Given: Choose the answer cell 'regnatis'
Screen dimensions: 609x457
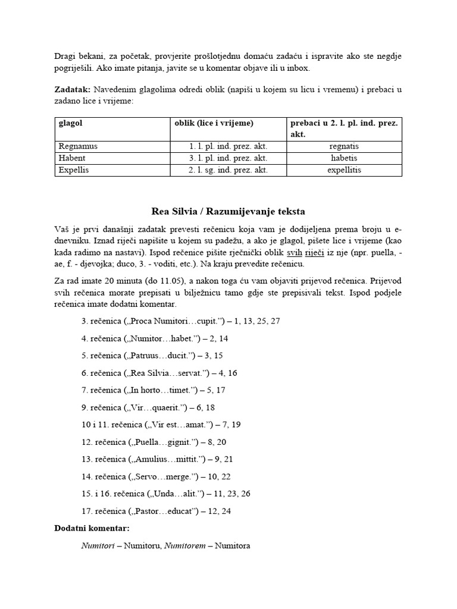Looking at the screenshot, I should pyautogui.click(x=343, y=146).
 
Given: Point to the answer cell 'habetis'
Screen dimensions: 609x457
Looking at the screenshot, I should pyautogui.click(x=343, y=158).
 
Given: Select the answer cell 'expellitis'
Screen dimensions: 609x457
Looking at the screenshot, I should pyautogui.click(x=343, y=170).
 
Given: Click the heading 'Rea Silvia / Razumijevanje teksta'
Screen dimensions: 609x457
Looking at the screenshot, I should pyautogui.click(x=228, y=211).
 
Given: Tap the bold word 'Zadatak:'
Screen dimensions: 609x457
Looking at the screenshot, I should pyautogui.click(x=71, y=90).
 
